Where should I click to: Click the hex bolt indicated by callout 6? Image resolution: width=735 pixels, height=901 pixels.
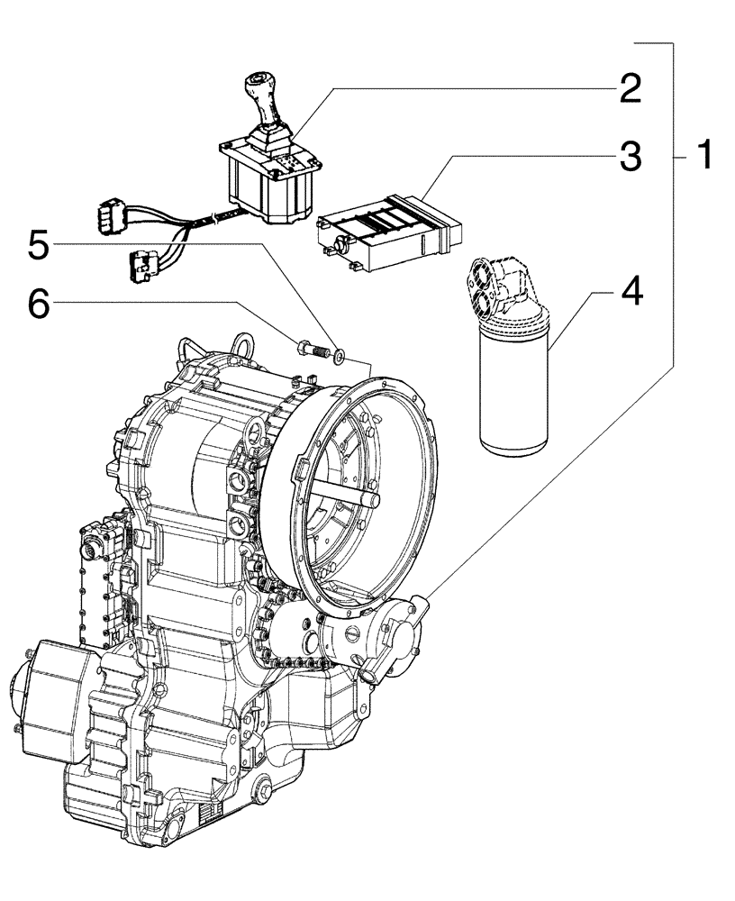(307, 348)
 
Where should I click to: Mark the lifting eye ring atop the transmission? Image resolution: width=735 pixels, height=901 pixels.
(243, 344)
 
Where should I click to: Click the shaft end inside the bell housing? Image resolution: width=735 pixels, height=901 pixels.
(370, 497)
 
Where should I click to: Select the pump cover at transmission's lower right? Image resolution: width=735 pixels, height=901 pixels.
(405, 635)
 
